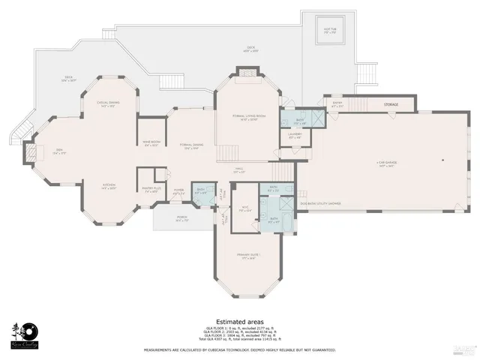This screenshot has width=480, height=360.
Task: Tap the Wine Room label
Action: tap(151, 143)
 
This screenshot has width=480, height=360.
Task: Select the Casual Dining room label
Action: tap(109, 104)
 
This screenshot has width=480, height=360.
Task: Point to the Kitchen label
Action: tap(109, 187)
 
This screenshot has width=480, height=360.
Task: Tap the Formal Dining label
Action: tap(191, 146)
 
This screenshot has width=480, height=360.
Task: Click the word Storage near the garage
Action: tap(391, 105)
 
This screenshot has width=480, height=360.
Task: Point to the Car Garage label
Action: tap(386, 163)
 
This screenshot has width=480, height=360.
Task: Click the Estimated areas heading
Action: tap(239, 320)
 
